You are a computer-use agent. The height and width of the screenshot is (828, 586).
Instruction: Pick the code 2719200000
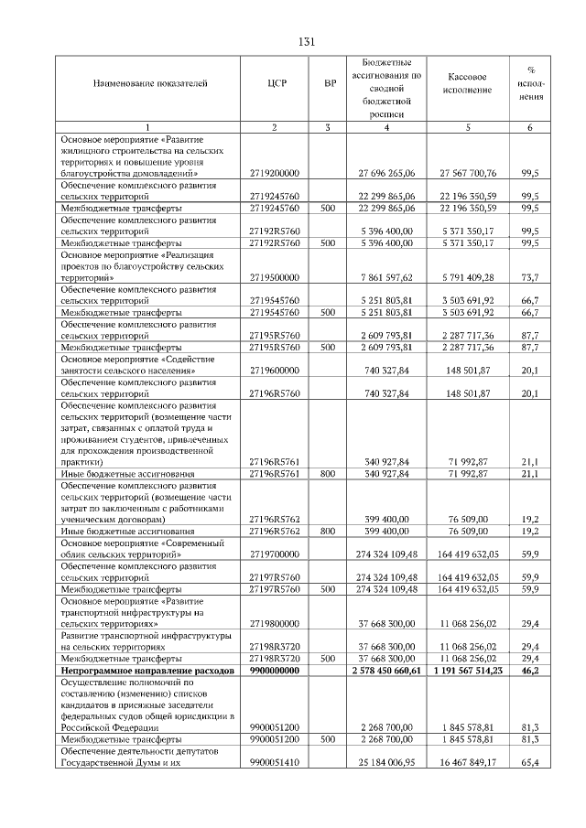[275, 172]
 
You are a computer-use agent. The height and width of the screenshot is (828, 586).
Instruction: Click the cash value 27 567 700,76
[467, 172]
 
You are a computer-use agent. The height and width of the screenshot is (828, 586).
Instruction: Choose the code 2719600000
[275, 371]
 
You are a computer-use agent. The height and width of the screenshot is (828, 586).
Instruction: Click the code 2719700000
[275, 554]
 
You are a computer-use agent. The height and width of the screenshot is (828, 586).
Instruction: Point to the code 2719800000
[275, 624]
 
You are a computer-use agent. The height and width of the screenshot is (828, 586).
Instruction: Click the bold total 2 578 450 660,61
[385, 671]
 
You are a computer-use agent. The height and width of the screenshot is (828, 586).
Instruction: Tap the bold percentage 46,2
[529, 671]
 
